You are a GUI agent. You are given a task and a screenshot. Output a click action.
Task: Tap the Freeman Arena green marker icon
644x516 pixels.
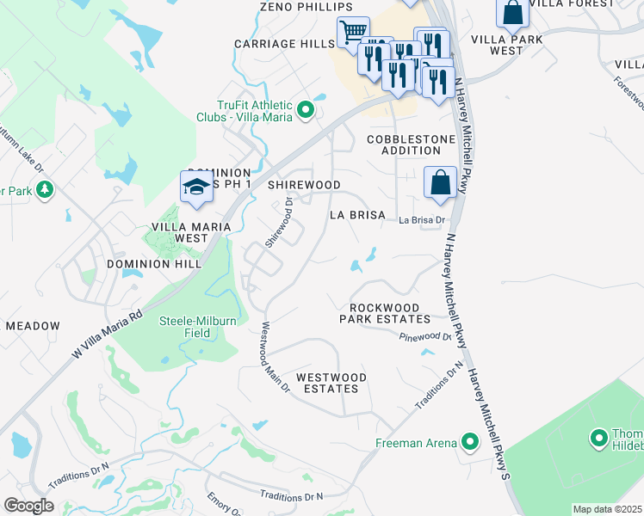469,443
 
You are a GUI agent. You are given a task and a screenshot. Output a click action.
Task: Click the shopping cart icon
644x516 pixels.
352,33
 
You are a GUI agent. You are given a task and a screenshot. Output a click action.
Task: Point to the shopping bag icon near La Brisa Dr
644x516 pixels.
440,182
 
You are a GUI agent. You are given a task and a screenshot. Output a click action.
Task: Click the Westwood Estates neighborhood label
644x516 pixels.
326,383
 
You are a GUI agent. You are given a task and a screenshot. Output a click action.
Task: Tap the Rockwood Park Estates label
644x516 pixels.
385,313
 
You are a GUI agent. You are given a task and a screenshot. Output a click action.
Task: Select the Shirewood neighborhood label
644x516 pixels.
303,185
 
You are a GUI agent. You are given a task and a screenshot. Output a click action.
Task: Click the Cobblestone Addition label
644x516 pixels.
404,144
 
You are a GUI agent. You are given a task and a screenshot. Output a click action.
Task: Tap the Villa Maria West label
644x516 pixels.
180,232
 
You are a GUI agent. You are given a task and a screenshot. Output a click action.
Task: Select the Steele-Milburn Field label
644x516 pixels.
198,327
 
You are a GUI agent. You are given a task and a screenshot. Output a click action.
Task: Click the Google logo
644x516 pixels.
29,506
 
